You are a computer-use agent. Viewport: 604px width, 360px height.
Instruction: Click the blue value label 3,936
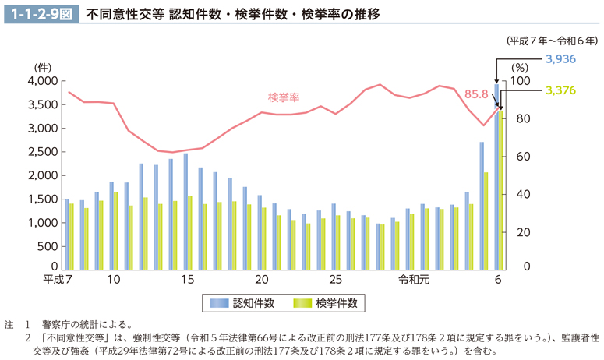(560, 58)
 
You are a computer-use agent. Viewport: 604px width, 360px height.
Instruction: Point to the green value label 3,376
(560, 90)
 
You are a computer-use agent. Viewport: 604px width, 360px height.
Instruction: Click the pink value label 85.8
(475, 94)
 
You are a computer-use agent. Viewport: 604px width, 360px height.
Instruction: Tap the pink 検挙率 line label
(284, 97)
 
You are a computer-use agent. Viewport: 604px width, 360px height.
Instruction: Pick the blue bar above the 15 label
(185, 210)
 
